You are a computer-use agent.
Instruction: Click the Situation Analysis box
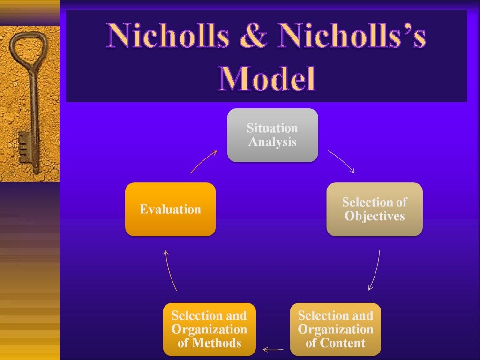272,135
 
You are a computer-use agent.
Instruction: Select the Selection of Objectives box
374,209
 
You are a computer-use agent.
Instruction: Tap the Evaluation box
170,209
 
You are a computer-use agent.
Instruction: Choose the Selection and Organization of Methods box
209,329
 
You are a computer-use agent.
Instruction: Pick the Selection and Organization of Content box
335,329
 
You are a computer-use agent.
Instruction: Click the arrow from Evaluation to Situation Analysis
203,161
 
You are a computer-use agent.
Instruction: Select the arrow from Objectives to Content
375,270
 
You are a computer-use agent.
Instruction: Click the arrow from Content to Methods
273,349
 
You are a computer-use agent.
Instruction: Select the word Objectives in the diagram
375,217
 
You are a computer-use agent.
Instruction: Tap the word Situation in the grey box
272,128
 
